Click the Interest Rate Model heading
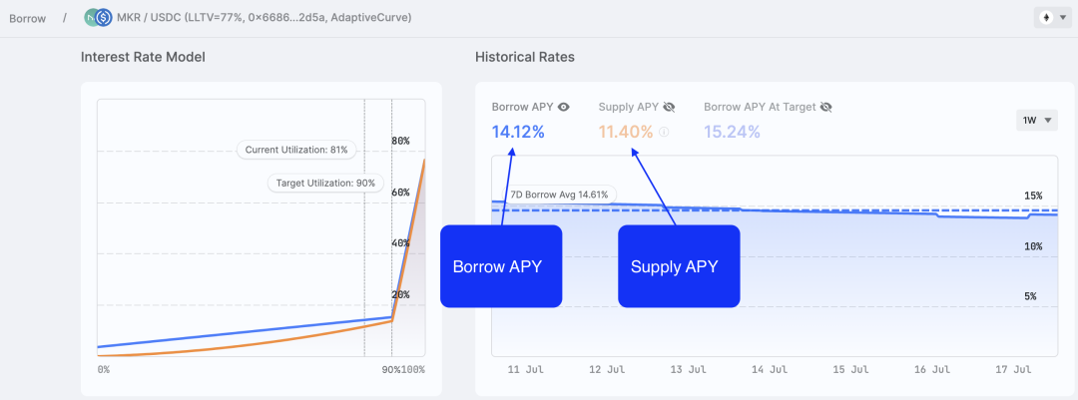pos(143,57)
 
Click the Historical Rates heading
pos(524,57)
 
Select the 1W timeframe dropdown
pos(1036,121)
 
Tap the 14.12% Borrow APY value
pos(518,131)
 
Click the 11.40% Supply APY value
pos(626,131)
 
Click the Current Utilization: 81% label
pos(296,150)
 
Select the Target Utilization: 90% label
pos(324,183)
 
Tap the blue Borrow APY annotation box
pos(501,266)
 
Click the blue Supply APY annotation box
pos(679,266)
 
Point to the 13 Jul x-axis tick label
pos(690,369)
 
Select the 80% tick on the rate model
pos(400,141)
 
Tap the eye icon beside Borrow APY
pos(564,107)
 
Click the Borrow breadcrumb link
pos(27,18)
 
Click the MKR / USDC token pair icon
pos(98,18)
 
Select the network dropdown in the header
pos(1053,18)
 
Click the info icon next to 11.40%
pos(664,132)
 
